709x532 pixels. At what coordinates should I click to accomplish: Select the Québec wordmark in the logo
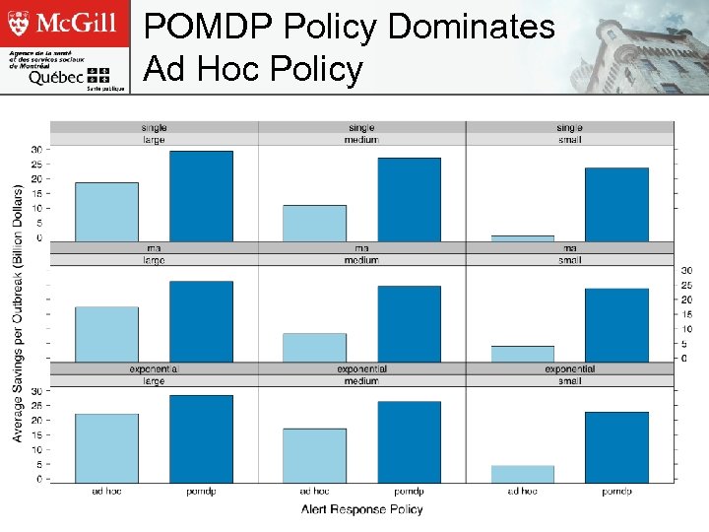[56, 77]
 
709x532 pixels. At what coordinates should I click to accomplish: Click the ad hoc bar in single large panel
[106, 211]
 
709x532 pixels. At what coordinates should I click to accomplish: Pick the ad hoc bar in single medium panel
[314, 223]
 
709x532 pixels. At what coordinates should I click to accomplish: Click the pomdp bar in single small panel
[616, 204]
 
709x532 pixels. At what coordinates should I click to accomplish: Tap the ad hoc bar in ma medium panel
[314, 347]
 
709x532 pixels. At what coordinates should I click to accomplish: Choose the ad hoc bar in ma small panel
[522, 354]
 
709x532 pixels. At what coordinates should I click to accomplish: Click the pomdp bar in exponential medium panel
[409, 441]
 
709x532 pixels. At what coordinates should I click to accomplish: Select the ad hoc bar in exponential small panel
[522, 474]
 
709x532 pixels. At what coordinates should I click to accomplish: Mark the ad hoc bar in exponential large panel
[106, 448]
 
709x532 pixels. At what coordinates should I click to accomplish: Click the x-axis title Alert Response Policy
[361, 509]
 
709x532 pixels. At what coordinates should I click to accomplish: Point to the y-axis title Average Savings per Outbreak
[18, 312]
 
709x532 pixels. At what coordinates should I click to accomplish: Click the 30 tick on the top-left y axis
[36, 150]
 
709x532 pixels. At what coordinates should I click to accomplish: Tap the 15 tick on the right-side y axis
[687, 314]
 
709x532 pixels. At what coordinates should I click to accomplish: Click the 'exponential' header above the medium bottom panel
[361, 369]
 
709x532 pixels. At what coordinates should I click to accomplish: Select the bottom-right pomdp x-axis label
[616, 491]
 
